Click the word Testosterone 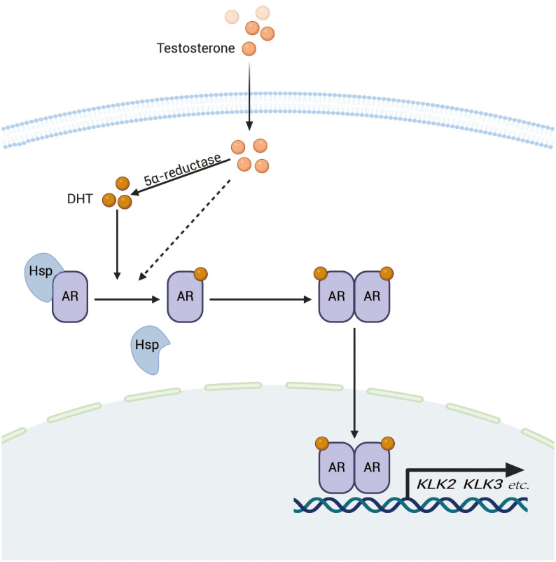pos(195,48)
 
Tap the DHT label pos(80,198)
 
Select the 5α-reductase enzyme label pos(183,169)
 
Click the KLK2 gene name pos(436,485)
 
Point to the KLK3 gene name pos(483,485)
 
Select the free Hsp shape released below pos(149,350)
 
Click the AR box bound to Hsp pos(70,296)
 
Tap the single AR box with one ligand pos(185,296)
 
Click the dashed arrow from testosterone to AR pos(184,230)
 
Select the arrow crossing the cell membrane pos(249,96)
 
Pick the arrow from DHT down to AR pos(117,245)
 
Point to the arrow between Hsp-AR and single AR pos(127,299)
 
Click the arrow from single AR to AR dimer pos(260,299)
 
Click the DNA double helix pos(410,505)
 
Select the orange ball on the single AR pos(200,274)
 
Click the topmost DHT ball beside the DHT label pos(123,184)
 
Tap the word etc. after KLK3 pos(519,486)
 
